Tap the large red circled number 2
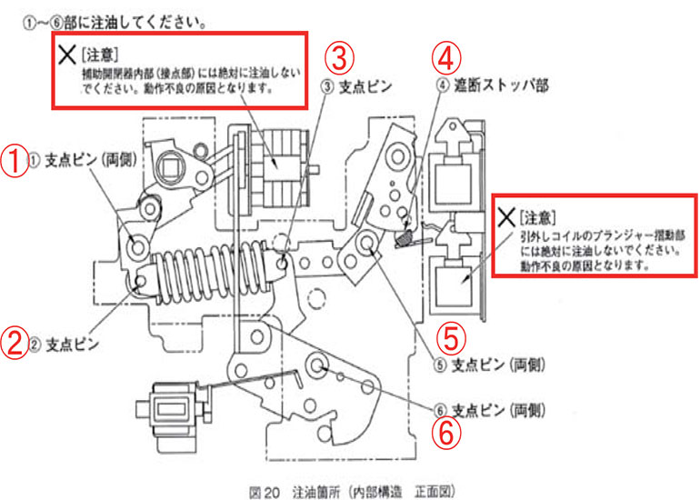tap(15, 345)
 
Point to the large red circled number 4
tap(445, 58)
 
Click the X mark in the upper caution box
tap(65, 55)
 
